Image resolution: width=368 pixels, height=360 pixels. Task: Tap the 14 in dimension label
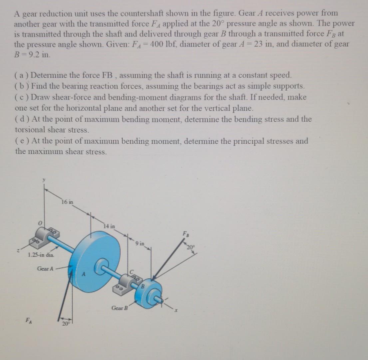pyautogui.click(x=110, y=226)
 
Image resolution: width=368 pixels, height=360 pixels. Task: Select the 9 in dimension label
pyautogui.click(x=140, y=243)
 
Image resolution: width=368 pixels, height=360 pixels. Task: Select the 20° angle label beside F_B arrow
pyautogui.click(x=190, y=247)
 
